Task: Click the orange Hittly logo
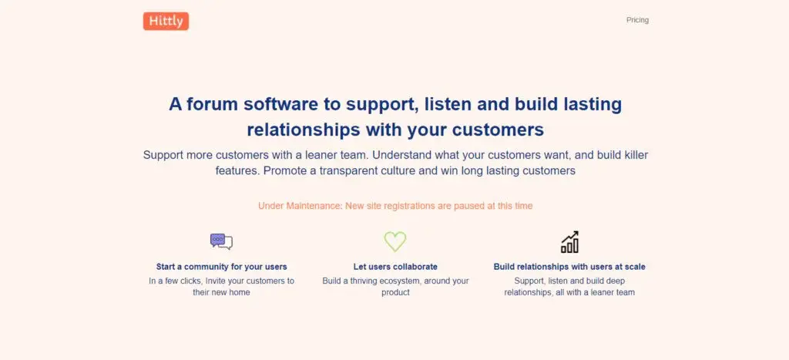(x=166, y=21)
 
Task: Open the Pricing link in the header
(x=637, y=20)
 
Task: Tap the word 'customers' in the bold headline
(x=498, y=130)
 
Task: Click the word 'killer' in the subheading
(x=636, y=155)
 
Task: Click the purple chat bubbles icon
(x=221, y=242)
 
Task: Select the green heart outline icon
(x=395, y=242)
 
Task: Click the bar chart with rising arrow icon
(x=569, y=242)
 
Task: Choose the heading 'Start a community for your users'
(x=221, y=267)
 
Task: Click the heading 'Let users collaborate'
(x=395, y=267)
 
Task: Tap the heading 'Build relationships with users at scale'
(x=569, y=267)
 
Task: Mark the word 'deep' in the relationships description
(x=615, y=281)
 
